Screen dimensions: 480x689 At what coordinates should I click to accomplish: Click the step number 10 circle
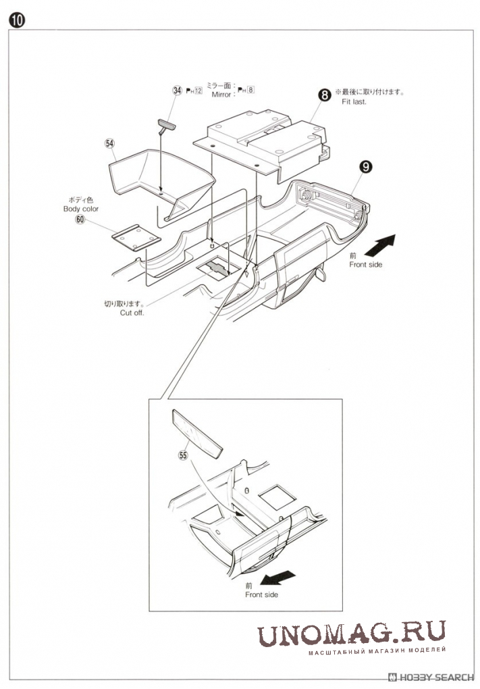point(17,21)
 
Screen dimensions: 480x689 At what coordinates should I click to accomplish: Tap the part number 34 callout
point(177,91)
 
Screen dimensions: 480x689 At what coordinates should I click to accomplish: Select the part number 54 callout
point(109,143)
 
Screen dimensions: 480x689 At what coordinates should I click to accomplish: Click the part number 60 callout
point(80,219)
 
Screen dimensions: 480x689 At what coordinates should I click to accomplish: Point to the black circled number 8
point(324,95)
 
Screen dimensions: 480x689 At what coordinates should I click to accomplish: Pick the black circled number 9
point(365,167)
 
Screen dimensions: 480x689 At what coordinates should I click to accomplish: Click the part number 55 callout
point(183,455)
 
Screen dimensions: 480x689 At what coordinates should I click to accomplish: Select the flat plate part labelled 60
point(136,238)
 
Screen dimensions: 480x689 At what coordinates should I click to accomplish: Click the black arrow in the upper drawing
point(380,245)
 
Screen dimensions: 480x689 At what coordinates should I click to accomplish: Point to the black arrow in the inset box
point(277,577)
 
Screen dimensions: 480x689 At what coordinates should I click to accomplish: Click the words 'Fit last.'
point(354,101)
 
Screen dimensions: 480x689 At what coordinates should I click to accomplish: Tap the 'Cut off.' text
point(132,313)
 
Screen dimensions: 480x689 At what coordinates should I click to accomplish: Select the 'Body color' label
point(81,209)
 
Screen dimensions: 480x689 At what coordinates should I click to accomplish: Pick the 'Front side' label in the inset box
point(261,594)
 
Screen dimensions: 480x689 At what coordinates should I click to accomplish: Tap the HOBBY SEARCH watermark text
point(431,677)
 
